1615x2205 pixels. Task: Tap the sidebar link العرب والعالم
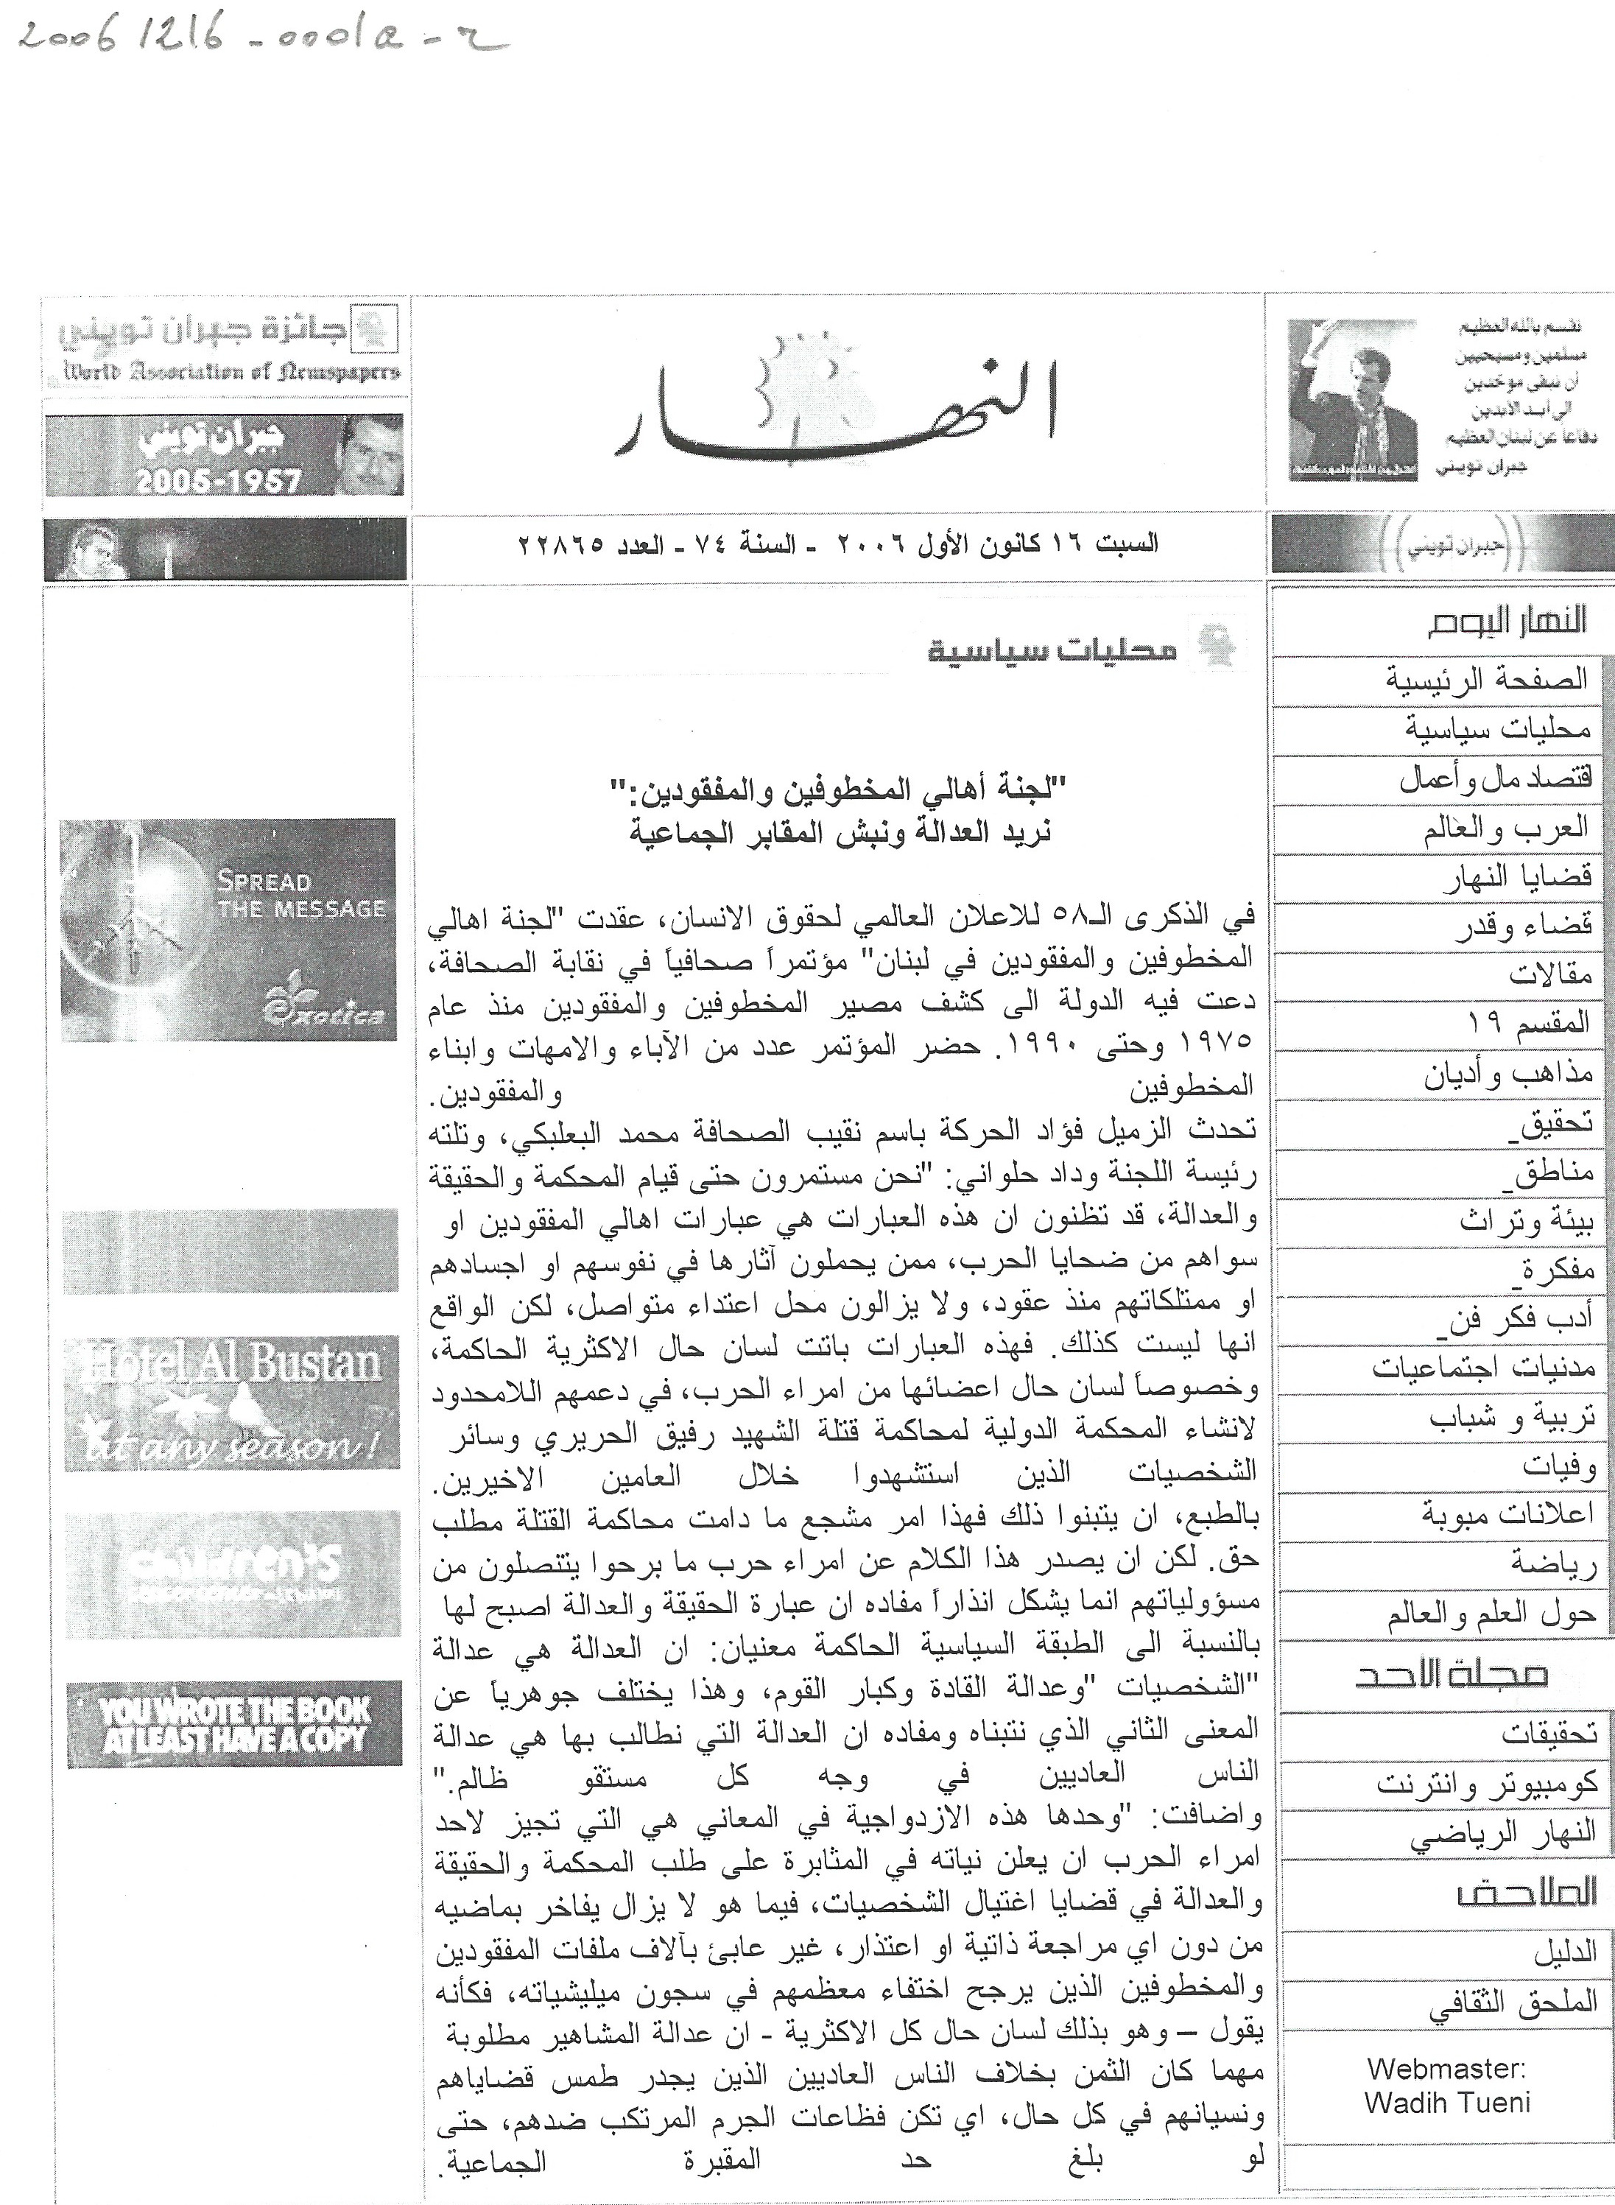coord(1505,830)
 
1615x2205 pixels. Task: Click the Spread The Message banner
coord(228,929)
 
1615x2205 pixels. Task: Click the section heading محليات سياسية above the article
coord(1051,650)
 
